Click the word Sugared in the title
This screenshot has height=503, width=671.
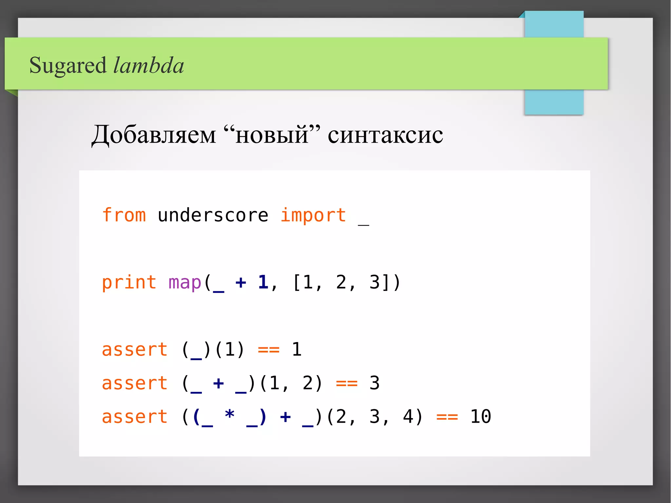(x=68, y=66)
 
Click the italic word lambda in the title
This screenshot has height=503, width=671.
(x=148, y=66)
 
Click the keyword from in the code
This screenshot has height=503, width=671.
(x=124, y=215)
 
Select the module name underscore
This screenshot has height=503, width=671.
(x=213, y=215)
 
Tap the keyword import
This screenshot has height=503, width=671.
(x=313, y=215)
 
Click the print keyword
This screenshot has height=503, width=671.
(x=129, y=282)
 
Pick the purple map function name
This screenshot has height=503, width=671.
(x=184, y=282)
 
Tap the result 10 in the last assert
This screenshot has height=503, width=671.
(x=480, y=417)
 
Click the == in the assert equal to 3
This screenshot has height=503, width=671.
(x=347, y=383)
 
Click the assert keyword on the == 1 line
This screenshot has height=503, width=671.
(x=135, y=350)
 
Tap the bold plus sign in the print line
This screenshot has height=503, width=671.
(x=240, y=282)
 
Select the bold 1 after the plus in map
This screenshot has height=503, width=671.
(x=263, y=282)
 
